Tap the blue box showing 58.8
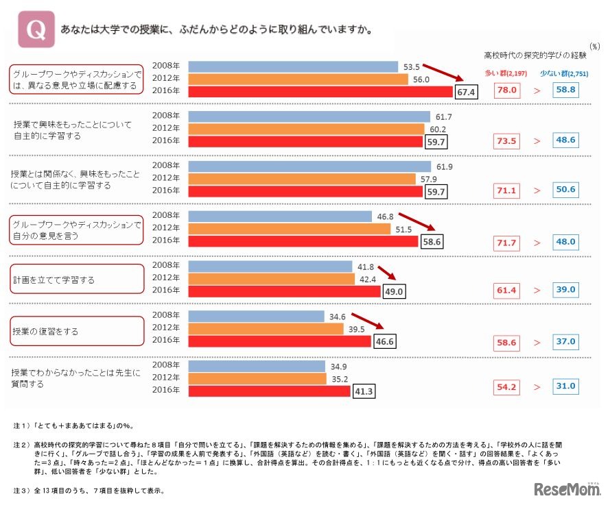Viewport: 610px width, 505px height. [566, 90]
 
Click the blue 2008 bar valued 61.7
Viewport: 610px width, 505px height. [308, 116]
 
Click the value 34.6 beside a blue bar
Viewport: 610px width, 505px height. [338, 316]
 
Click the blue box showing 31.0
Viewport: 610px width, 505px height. [566, 386]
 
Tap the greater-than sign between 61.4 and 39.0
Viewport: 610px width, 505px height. [537, 291]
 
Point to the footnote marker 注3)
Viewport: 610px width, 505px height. [19, 491]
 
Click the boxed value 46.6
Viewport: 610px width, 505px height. [385, 341]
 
